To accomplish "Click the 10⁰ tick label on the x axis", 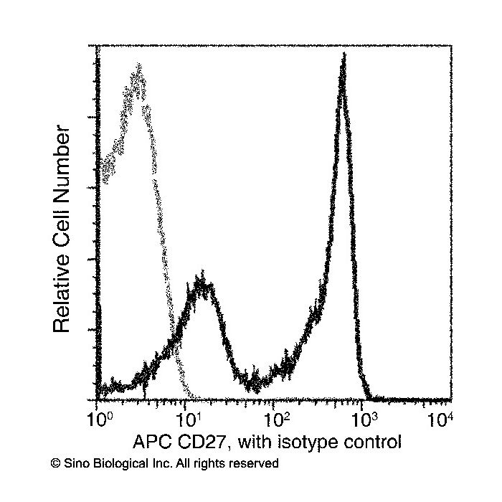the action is click(100, 420).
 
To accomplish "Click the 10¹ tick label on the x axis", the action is click(189, 420).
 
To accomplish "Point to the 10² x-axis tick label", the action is click(277, 420).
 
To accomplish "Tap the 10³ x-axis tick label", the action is click(365, 420).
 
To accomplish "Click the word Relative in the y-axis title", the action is click(61, 293).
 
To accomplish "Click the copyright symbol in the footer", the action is click(55, 463).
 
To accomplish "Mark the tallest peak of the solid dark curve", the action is click(344, 55).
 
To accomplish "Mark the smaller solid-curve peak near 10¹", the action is click(202, 273).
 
